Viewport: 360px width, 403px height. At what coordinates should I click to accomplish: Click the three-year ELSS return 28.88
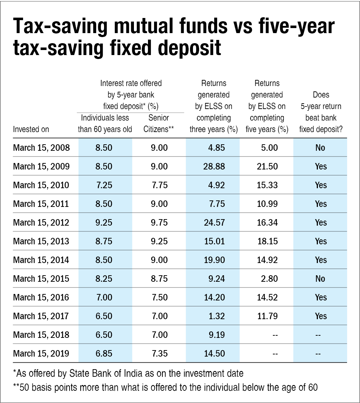point(215,167)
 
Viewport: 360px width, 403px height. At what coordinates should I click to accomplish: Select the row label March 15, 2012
point(41,223)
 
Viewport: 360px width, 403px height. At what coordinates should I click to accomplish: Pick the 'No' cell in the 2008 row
point(320,148)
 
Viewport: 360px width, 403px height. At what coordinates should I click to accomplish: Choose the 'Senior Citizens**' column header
point(159,123)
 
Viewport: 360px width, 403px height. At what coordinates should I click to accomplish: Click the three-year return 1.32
point(217,316)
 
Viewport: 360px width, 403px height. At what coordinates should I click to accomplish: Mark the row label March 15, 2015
point(41,279)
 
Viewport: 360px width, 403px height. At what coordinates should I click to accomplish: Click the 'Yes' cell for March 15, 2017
point(320,316)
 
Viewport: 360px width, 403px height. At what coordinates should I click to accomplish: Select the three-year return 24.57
point(215,223)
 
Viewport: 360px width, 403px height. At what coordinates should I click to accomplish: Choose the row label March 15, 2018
point(41,335)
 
